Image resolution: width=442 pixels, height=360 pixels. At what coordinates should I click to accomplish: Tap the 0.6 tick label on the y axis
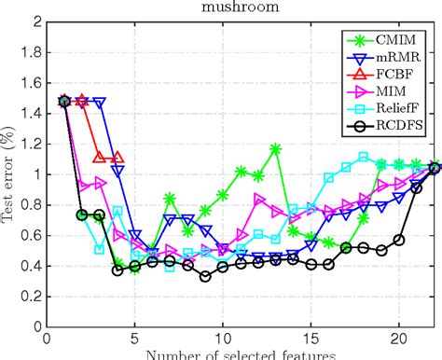(x=32, y=235)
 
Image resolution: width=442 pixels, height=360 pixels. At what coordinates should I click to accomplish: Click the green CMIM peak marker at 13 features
(x=276, y=148)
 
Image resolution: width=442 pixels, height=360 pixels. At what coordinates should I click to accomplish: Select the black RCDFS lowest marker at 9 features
(x=205, y=276)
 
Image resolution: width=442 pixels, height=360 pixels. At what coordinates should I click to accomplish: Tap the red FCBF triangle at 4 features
(x=117, y=159)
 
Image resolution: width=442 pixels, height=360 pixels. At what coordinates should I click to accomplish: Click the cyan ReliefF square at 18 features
(x=364, y=157)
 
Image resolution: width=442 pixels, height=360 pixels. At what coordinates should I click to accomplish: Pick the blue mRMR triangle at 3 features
(x=100, y=102)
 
